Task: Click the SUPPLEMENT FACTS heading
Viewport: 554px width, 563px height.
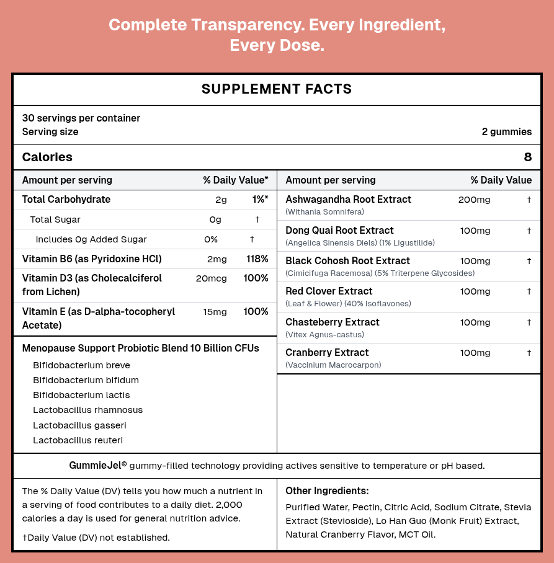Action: [x=277, y=89]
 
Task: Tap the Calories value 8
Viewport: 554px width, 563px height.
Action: [x=527, y=157]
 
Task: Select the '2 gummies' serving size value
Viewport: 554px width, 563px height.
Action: [x=506, y=132]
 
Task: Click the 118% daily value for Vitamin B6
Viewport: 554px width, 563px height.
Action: [x=257, y=259]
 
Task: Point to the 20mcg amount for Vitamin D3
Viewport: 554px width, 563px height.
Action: [x=211, y=278]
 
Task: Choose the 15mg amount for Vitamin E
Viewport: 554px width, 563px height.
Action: [x=215, y=312]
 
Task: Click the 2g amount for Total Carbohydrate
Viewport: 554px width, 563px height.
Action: [x=221, y=200]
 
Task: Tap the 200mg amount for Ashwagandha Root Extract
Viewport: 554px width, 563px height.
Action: [x=474, y=200]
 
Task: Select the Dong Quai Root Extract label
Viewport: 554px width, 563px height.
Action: [x=339, y=231]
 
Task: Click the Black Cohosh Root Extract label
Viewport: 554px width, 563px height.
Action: [x=347, y=261]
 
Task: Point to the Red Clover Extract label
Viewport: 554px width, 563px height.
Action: [x=329, y=291]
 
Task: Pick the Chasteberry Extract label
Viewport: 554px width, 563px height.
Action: [x=333, y=322]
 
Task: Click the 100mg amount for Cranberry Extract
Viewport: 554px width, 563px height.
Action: [x=475, y=353]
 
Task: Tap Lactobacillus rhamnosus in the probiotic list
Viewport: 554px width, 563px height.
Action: [x=87, y=410]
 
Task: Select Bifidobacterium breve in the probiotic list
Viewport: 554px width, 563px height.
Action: [x=81, y=365]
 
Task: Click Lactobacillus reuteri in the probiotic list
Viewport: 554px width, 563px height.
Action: [x=78, y=440]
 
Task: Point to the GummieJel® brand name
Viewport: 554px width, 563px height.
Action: [x=98, y=465]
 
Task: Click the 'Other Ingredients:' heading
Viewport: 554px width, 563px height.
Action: [x=327, y=491]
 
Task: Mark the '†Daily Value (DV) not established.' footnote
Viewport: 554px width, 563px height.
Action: [x=96, y=538]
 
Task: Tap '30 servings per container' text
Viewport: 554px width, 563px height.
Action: [x=81, y=118]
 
